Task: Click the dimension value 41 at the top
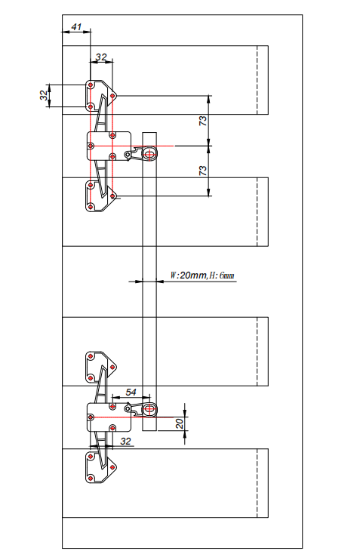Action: tap(76, 27)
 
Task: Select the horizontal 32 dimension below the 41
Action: tap(101, 57)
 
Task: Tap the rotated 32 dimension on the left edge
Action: tap(44, 95)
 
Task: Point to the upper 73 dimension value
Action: tap(203, 121)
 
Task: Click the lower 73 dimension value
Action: tap(203, 171)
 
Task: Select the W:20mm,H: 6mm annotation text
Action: tap(202, 275)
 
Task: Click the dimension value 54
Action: tap(131, 392)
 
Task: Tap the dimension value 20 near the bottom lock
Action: tap(180, 423)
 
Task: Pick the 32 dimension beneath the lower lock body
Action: tap(125, 441)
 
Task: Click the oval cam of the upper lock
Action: tap(149, 154)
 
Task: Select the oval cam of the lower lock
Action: tap(149, 409)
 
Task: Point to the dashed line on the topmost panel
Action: tap(257, 80)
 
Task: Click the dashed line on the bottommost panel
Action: tap(257, 483)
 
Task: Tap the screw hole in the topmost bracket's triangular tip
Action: tap(112, 95)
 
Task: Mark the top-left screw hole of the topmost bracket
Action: tap(91, 85)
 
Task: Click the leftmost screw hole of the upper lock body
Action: tap(91, 146)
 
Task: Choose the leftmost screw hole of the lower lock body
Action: tap(91, 417)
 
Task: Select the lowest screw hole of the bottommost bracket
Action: tap(91, 478)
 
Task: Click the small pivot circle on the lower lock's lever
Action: tap(128, 409)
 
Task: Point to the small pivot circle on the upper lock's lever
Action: tap(128, 154)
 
